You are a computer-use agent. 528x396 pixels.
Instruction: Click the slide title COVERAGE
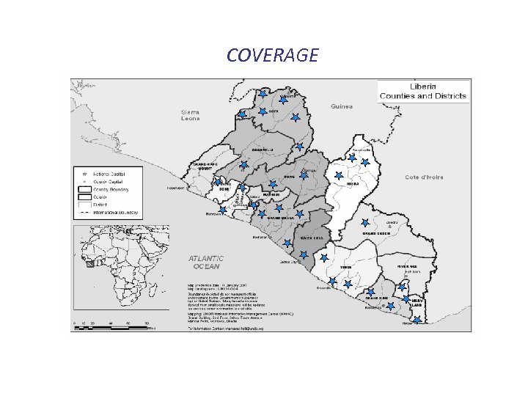[x=272, y=55]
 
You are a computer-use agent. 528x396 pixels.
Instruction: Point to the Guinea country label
[x=341, y=106]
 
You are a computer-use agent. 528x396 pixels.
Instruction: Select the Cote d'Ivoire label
[x=423, y=177]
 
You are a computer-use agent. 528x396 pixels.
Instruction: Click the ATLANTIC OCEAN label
[x=207, y=262]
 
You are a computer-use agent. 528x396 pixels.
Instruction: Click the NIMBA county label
[x=353, y=184]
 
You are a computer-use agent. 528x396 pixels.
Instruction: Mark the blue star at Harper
[x=416, y=320]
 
